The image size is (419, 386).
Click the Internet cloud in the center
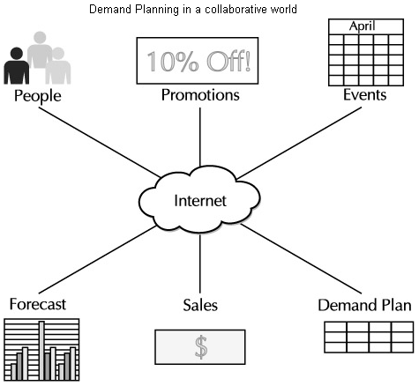click(199, 200)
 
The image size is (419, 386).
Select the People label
click(38, 96)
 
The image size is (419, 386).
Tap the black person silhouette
click(17, 66)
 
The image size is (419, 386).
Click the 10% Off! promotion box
click(198, 61)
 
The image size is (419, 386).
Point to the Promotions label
click(200, 95)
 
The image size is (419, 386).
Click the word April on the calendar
click(362, 26)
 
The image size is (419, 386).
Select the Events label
click(364, 95)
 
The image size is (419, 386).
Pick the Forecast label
click(38, 304)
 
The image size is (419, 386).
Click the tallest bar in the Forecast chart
click(41, 351)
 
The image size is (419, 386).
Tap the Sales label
click(200, 305)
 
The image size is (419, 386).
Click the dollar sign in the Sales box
click(201, 347)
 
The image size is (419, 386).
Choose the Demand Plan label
click(364, 305)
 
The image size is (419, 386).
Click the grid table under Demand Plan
click(369, 338)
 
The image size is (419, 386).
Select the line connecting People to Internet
click(100, 142)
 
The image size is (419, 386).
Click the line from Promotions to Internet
click(200, 137)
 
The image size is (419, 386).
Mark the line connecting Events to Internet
click(299, 143)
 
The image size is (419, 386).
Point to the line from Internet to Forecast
click(97, 259)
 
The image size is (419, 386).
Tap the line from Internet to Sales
click(200, 264)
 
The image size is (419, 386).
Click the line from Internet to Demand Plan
click(302, 259)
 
